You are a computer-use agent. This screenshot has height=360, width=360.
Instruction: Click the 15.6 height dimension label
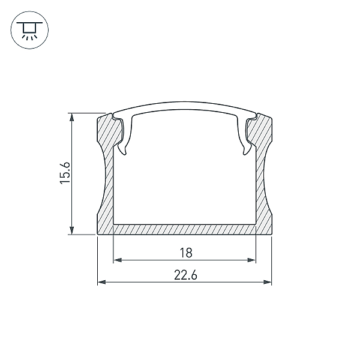[65, 173]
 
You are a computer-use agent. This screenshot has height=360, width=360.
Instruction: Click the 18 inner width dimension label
[186, 253]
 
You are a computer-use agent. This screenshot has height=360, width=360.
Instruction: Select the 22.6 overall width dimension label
[185, 275]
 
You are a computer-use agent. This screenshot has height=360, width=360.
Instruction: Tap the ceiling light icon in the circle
[29, 30]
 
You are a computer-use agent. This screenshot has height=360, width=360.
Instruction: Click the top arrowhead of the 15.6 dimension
[72, 118]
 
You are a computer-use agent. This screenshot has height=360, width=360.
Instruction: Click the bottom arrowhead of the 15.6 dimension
[72, 230]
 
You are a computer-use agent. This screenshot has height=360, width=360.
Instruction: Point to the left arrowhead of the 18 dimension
[118, 260]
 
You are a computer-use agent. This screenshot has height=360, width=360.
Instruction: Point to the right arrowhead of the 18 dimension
[251, 260]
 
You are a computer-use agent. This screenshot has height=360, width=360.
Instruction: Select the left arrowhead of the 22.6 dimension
[102, 282]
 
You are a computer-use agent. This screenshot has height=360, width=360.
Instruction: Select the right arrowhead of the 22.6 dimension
[268, 282]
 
